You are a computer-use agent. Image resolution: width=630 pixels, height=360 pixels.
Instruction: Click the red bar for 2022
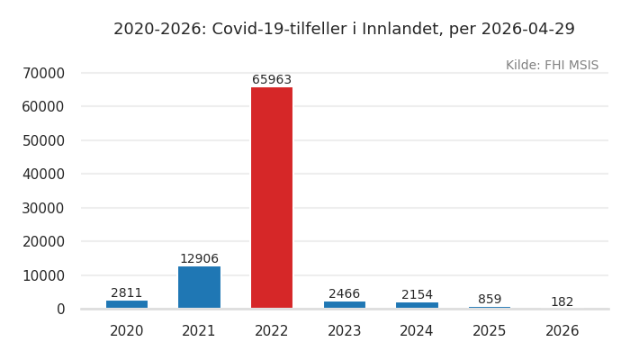point(272,198)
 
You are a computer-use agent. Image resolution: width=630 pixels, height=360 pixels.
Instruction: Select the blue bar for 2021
point(199,287)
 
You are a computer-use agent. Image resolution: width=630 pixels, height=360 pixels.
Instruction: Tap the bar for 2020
point(127,304)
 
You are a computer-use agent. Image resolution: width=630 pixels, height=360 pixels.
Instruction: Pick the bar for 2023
point(345,305)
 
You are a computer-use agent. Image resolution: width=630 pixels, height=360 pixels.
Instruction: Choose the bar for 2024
point(417,305)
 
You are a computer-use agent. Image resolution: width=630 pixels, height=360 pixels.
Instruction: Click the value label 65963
point(272,80)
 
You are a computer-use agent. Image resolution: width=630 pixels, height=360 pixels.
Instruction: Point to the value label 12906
point(199,259)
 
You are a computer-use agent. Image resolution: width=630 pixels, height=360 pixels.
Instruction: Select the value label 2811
point(127,293)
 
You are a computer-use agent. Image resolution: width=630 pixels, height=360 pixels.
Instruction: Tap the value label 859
point(490,300)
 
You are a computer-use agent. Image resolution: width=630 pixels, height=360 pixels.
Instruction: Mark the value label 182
point(562,302)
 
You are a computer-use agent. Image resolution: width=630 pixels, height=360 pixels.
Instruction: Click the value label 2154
point(417,295)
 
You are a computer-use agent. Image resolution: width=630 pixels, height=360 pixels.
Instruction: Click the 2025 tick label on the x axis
point(490,331)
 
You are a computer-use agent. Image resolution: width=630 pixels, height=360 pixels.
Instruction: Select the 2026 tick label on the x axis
point(562,331)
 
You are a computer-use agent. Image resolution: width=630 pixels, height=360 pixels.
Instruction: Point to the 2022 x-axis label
point(272,331)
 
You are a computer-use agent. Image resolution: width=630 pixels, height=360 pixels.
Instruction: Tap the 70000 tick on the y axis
point(43,73)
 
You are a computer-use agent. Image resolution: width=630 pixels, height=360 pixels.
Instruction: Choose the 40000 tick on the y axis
point(43,174)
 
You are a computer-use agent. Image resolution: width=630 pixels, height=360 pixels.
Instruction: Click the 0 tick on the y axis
point(60,309)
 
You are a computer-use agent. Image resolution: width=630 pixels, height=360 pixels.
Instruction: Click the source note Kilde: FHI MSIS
point(552,66)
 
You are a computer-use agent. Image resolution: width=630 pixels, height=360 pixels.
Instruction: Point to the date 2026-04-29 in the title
point(527,30)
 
